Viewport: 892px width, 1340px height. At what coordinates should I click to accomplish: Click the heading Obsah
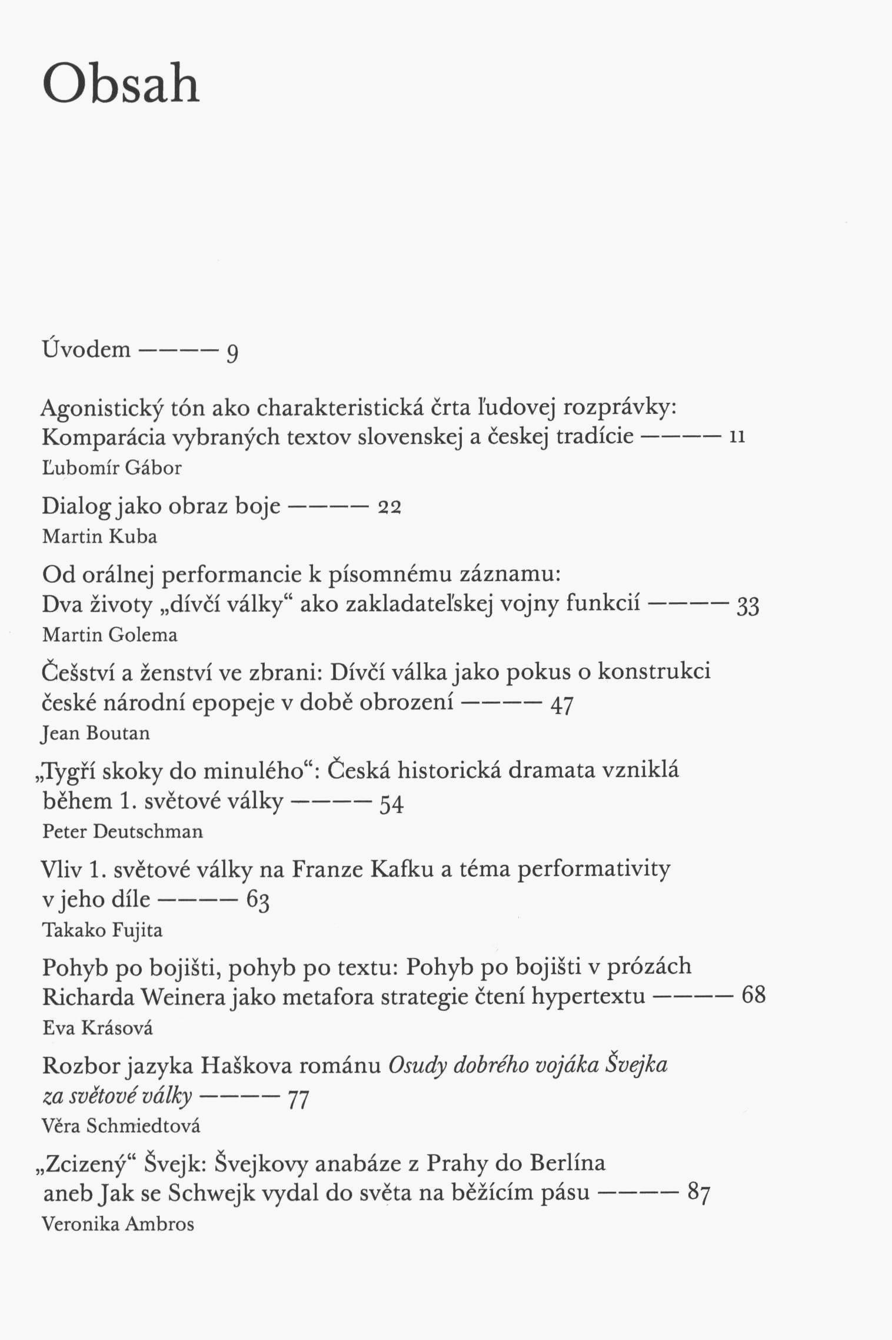[x=121, y=86]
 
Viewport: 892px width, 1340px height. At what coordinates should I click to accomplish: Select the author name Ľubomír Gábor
[x=112, y=468]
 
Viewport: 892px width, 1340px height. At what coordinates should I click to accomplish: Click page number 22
[x=388, y=507]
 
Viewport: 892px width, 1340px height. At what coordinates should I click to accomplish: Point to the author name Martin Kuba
[x=99, y=537]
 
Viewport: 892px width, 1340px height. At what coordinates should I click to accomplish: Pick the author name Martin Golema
[x=109, y=635]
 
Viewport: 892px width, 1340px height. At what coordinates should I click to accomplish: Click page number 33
[x=748, y=606]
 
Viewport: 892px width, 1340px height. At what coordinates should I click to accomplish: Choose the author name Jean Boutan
[x=96, y=733]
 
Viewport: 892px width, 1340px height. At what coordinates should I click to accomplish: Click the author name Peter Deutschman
[x=122, y=831]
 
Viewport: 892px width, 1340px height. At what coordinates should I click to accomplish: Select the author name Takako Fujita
[x=102, y=930]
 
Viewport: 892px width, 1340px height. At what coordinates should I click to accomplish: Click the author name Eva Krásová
[x=98, y=1028]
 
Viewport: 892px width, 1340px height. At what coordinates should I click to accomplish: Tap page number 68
[x=753, y=996]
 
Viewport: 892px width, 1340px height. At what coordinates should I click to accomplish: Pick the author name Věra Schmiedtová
[x=121, y=1126]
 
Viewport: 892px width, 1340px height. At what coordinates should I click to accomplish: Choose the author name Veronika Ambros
[x=118, y=1225]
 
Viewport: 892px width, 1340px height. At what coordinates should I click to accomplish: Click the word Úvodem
[x=86, y=349]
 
